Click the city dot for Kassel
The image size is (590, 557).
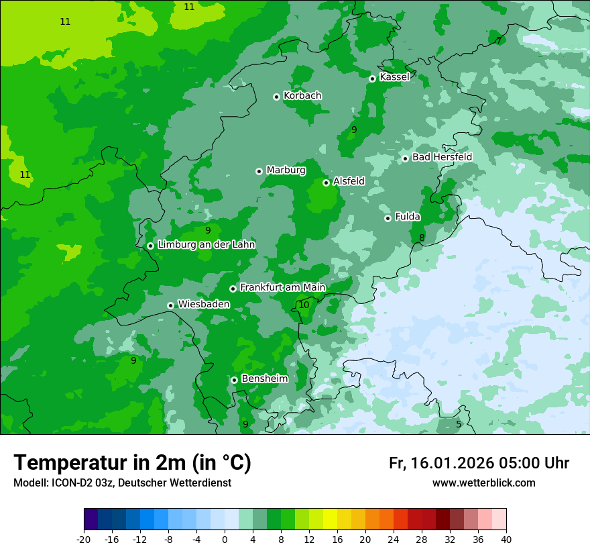click(x=372, y=79)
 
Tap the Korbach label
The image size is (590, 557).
click(x=302, y=96)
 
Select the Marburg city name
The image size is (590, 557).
click(x=286, y=170)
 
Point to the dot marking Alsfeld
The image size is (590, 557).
click(x=326, y=183)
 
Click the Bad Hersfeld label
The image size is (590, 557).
click(x=442, y=157)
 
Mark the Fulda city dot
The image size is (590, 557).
click(x=388, y=218)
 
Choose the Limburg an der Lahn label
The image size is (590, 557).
click(x=206, y=245)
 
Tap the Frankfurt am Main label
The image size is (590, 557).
click(x=282, y=287)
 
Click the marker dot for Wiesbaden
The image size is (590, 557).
click(x=170, y=305)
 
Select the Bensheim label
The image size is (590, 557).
click(x=264, y=378)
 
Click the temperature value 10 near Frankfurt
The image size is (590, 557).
click(x=304, y=305)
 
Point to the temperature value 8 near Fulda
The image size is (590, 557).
click(x=422, y=238)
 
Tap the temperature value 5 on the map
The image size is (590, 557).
click(x=459, y=424)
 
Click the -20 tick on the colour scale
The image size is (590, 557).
click(x=84, y=539)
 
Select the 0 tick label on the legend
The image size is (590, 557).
click(x=225, y=539)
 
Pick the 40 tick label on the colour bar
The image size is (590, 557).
click(x=506, y=539)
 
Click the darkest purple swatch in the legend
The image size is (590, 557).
click(x=91, y=519)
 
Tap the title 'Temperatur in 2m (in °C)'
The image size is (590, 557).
click(x=133, y=463)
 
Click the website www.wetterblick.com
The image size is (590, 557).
click(x=483, y=483)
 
